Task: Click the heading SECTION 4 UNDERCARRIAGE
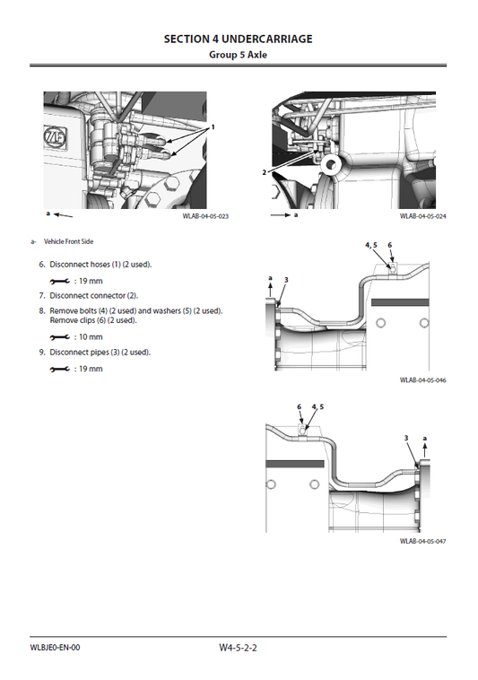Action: [239, 39]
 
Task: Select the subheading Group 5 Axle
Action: [239, 55]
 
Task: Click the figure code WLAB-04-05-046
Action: [423, 380]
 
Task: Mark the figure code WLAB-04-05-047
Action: [423, 542]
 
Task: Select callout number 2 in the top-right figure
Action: [265, 170]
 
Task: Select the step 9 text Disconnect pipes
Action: [100, 352]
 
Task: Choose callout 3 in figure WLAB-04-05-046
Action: [285, 281]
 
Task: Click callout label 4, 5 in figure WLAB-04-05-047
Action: [317, 406]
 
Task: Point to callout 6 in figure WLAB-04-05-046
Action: [390, 245]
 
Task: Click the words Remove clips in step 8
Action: [74, 320]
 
